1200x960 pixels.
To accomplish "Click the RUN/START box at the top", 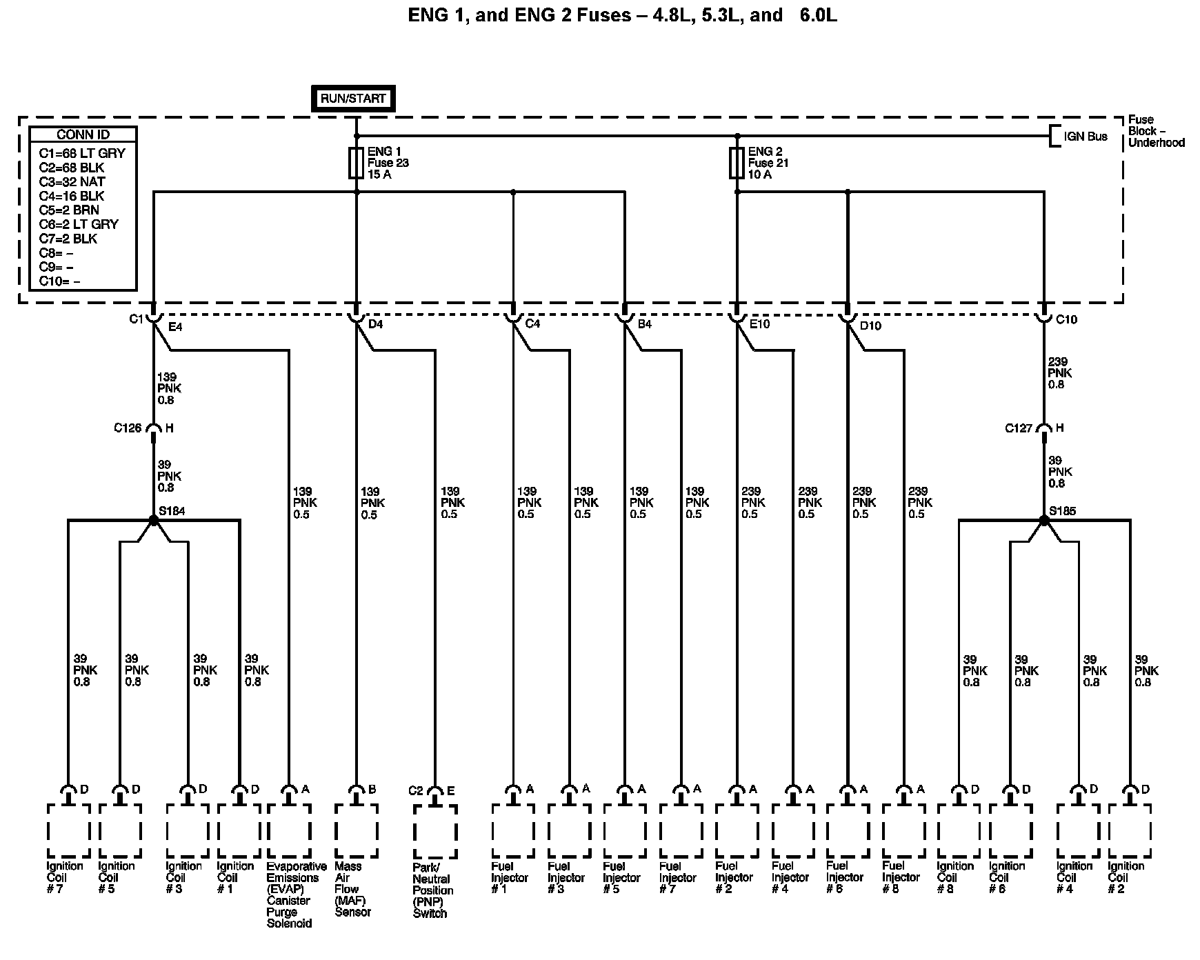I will (352, 99).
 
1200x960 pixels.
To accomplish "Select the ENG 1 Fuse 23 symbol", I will (357, 163).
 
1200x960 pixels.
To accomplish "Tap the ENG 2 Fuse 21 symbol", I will (737, 163).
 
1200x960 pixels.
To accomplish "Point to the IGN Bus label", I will (1086, 137).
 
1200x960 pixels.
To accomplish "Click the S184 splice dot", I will (154, 520).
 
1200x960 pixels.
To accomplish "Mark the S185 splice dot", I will (1043, 520).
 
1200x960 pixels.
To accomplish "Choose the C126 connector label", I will (128, 428).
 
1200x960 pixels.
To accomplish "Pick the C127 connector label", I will (1019, 428).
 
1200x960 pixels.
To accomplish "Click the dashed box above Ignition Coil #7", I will (68, 830).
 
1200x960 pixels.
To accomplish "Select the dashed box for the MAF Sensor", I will (356, 830).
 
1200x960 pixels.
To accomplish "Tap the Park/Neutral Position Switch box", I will (434, 831).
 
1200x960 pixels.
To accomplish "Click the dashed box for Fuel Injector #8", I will (903, 830).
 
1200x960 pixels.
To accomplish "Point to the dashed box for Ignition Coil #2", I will (1130, 830).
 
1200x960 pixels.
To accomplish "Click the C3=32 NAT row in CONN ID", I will (72, 181).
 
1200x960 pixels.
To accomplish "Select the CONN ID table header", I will (83, 134).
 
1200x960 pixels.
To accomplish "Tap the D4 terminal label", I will (375, 324).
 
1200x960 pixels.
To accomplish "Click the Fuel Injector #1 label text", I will (509, 877).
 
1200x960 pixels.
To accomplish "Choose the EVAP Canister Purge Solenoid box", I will (289, 830).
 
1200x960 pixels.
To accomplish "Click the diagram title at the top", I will (622, 15).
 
